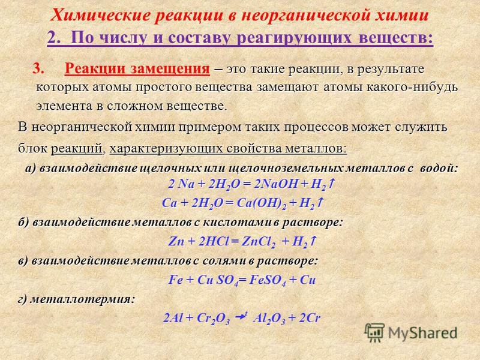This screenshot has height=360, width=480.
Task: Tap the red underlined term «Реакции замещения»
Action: click(137, 69)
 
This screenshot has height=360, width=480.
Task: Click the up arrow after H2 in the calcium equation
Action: click(320, 203)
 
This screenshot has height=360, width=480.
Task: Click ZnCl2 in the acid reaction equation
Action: click(259, 242)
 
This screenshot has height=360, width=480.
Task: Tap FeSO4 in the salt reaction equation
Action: click(268, 280)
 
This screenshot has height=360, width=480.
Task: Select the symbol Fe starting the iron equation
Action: click(175, 280)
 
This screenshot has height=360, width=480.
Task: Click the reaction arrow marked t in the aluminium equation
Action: click(241, 317)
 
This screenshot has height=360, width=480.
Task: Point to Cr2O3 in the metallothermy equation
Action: click(213, 319)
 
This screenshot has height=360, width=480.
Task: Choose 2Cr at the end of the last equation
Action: click(309, 318)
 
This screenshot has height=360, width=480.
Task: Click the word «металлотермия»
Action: click(82, 299)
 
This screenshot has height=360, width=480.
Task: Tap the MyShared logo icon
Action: click(374, 332)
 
